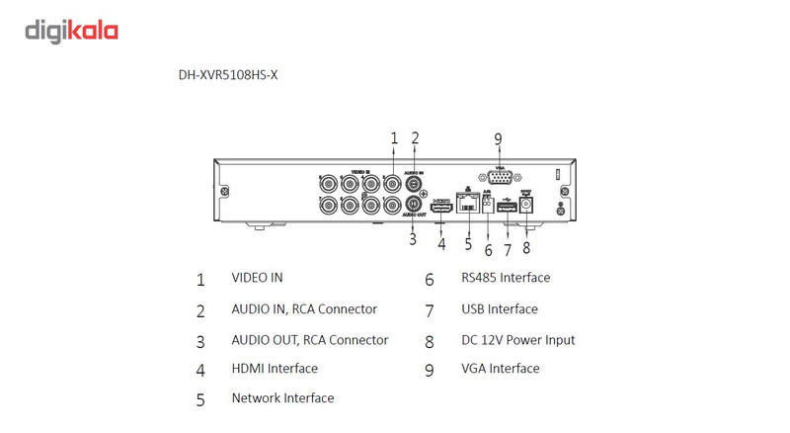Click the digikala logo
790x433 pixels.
71,32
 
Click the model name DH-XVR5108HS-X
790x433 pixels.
228,74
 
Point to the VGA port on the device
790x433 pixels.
498,180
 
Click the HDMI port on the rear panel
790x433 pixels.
441,208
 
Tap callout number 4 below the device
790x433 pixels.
441,243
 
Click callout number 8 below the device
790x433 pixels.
526,248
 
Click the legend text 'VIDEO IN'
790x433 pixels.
257,278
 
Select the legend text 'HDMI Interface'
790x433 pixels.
275,369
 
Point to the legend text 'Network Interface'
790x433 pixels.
282,398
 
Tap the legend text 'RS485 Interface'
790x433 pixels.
506,278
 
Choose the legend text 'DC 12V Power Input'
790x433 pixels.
517,340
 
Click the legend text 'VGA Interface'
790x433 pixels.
501,369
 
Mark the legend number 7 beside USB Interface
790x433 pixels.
430,310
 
